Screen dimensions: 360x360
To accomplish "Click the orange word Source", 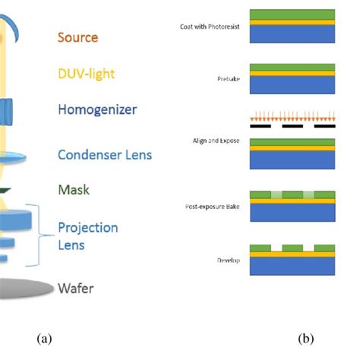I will pos(78,36).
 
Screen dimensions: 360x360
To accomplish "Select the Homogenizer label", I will pos(99,109).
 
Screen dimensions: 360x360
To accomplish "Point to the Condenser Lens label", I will pos(105,155).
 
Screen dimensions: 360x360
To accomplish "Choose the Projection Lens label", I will pos(88,235).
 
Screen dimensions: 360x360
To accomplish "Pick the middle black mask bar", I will pos(292,128).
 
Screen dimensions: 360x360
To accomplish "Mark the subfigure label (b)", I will pos(305,338).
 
